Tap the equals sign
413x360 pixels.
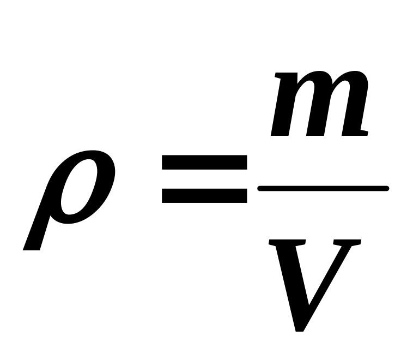click(204, 179)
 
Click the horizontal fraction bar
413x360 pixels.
click(323, 189)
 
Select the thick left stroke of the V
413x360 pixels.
click(289, 278)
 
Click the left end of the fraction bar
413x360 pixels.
click(260, 189)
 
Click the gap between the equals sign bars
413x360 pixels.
click(204, 179)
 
